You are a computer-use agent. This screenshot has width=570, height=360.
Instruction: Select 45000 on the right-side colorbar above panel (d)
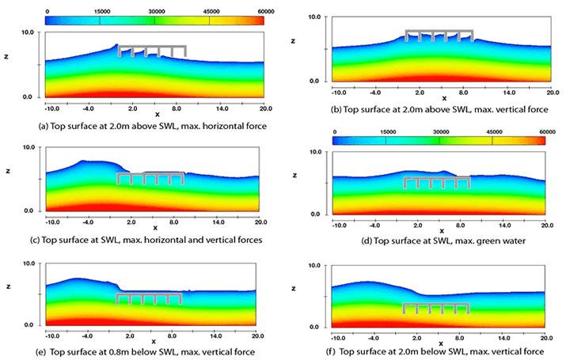pos(492,132)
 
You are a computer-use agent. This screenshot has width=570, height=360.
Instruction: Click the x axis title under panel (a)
pos(157,115)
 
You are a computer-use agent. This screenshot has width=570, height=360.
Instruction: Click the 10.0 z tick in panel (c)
pos(31,147)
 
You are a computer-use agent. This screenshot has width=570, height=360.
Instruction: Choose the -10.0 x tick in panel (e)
pos(53,335)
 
